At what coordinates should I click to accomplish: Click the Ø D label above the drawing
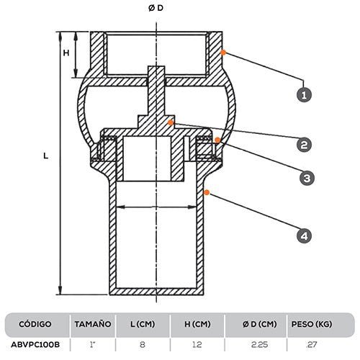tap(156, 8)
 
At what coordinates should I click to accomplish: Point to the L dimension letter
tap(45, 155)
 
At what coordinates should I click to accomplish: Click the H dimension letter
tap(66, 53)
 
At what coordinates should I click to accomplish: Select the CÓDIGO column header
tap(35, 324)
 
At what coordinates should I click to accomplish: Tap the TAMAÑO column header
tap(94, 324)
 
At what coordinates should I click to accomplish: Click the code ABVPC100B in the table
tap(35, 345)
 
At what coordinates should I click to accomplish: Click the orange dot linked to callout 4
tap(206, 191)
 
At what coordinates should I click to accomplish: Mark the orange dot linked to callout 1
tap(225, 52)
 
